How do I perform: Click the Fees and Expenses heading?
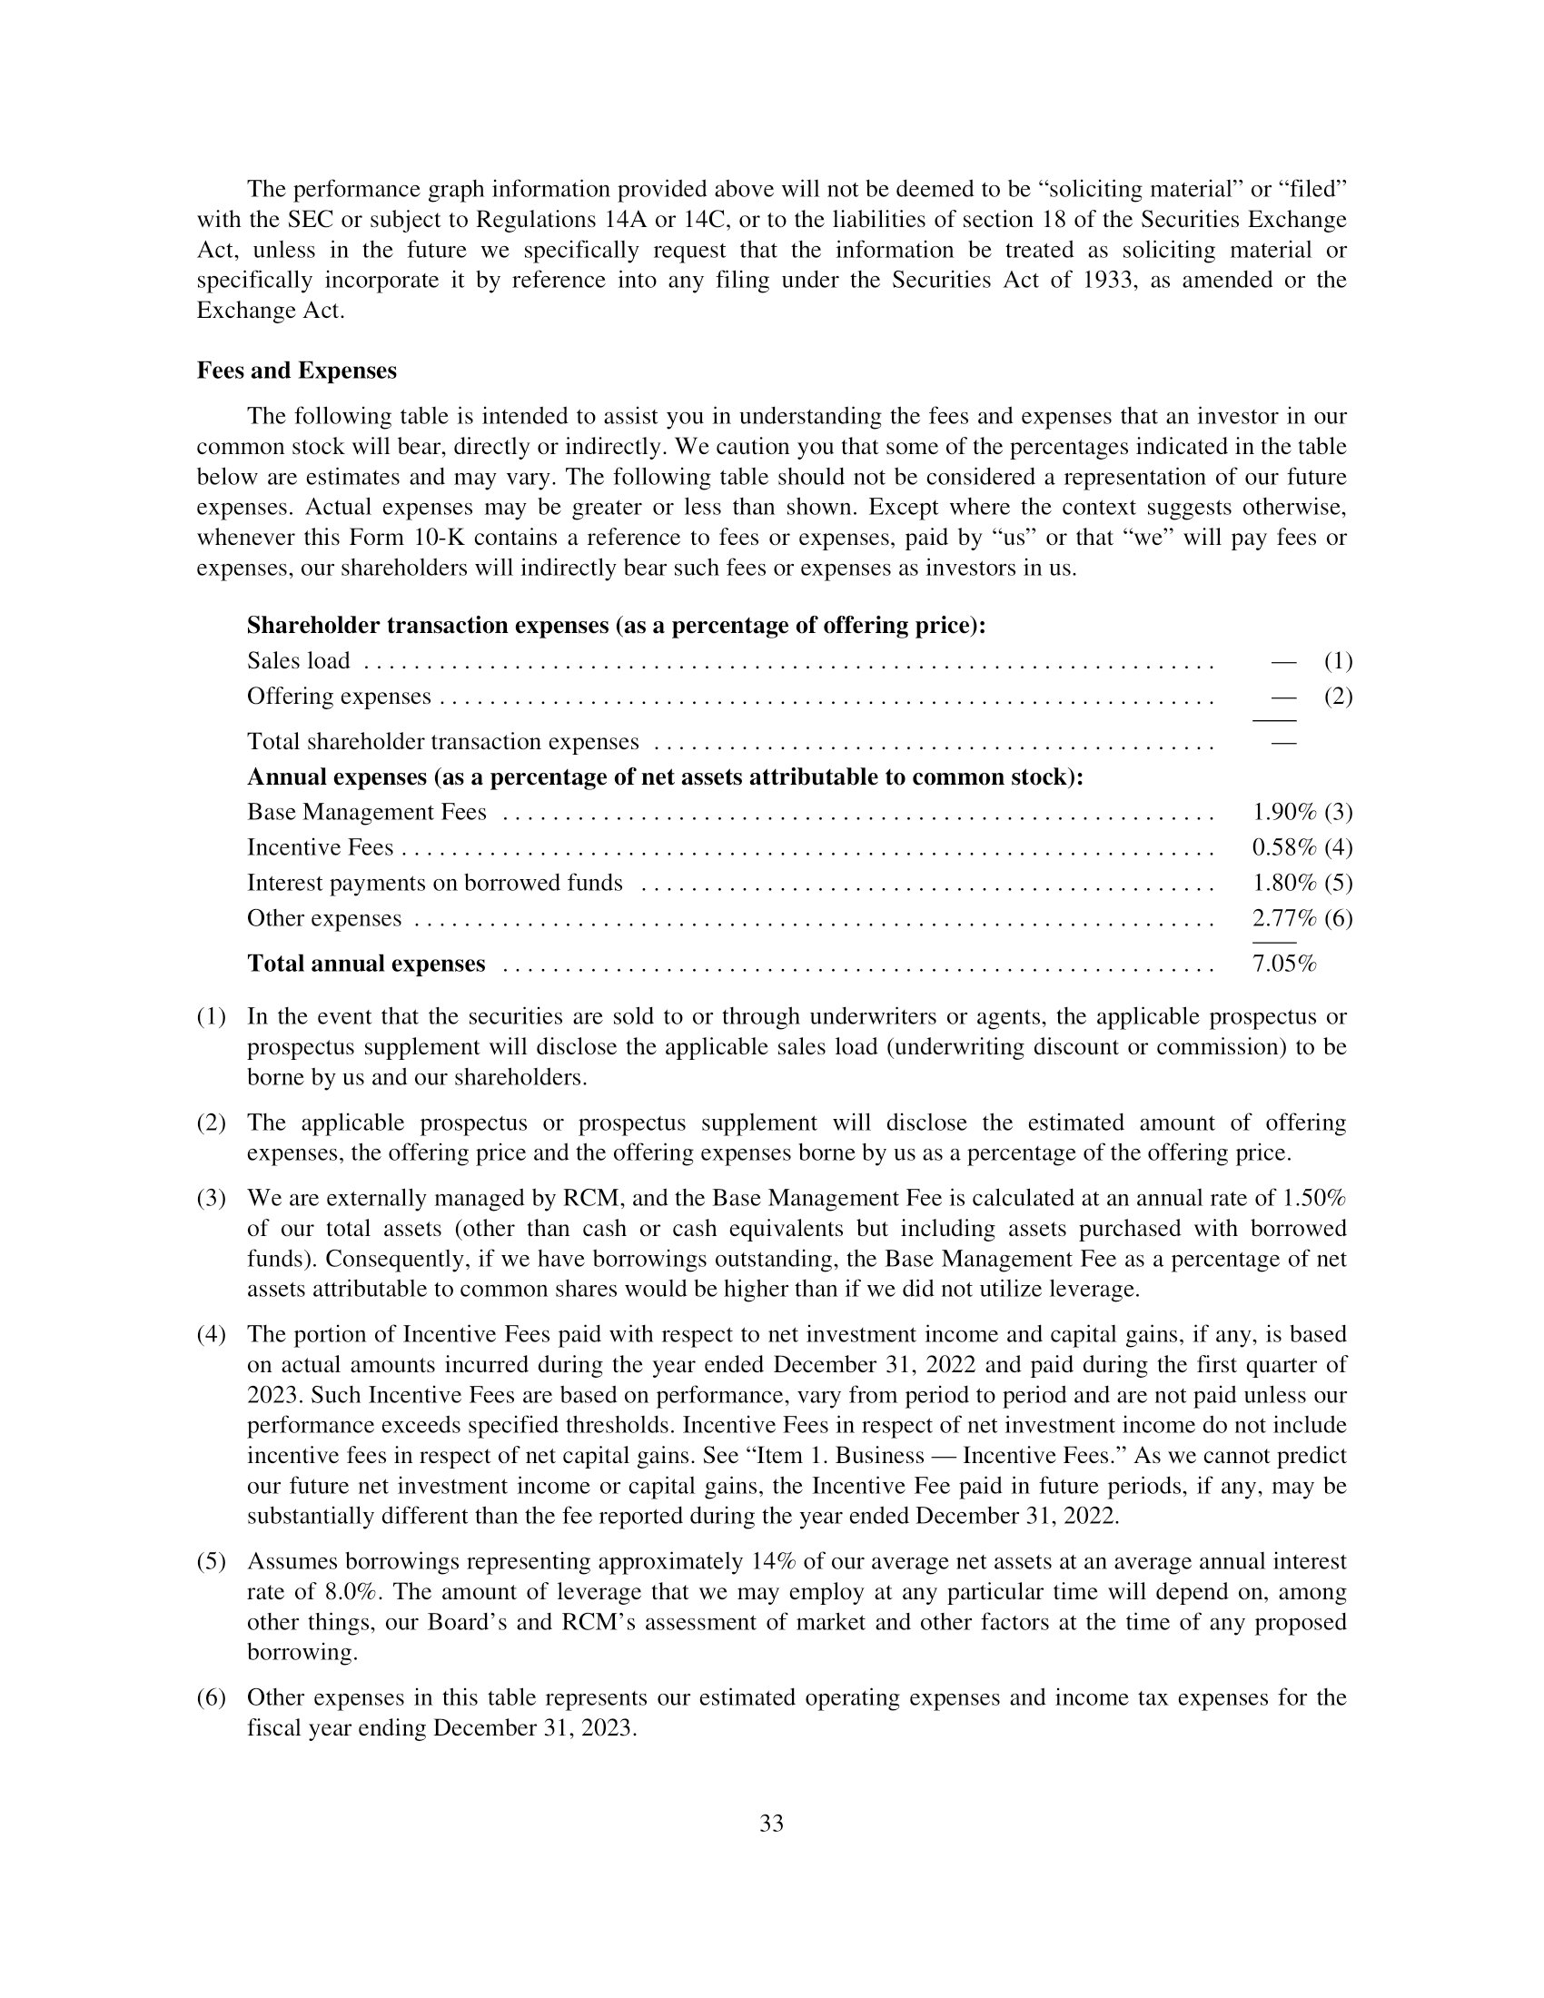click(x=296, y=371)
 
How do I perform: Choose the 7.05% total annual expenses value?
click(x=1283, y=964)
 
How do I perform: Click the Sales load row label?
click(x=298, y=660)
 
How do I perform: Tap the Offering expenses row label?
click(x=339, y=697)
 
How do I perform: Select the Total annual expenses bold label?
click(x=366, y=964)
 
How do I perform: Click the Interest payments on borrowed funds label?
click(x=434, y=883)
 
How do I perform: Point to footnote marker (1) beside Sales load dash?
click(x=1337, y=660)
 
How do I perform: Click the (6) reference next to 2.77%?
click(x=1337, y=917)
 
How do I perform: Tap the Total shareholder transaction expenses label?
click(x=442, y=741)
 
